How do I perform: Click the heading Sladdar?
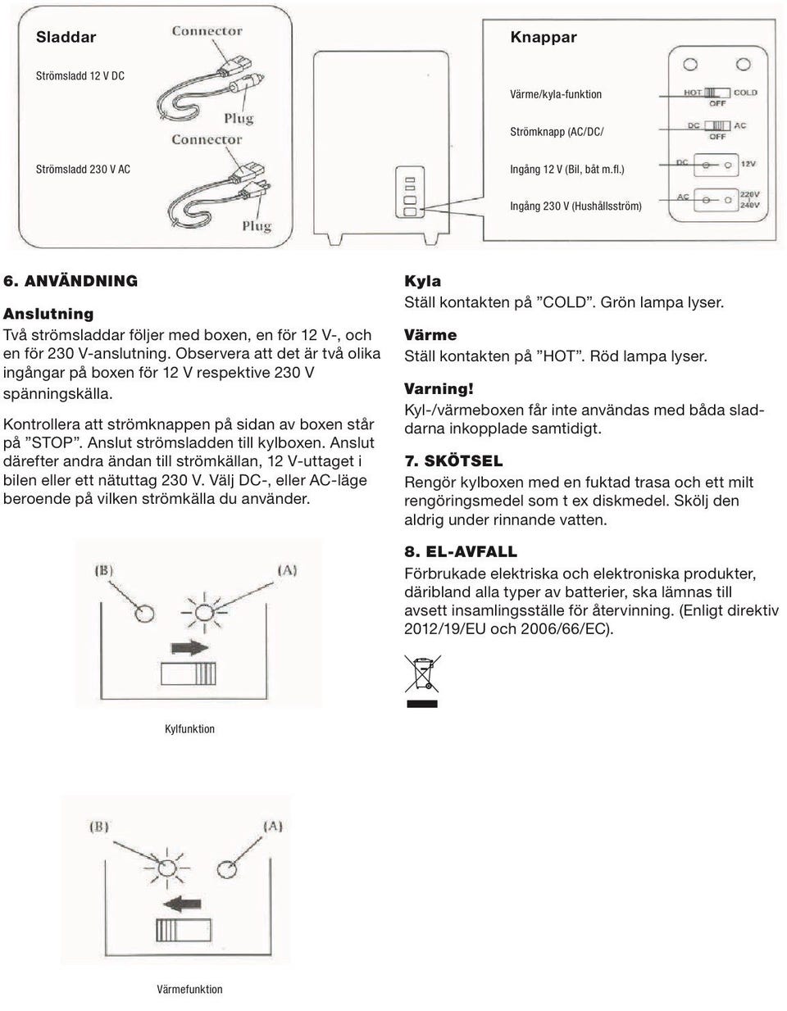(x=66, y=37)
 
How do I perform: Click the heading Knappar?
(x=543, y=37)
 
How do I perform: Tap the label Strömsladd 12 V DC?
(x=80, y=75)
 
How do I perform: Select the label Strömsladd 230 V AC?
(x=82, y=169)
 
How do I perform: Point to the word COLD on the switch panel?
(x=745, y=93)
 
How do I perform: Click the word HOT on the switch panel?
(x=693, y=93)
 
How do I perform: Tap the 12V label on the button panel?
(x=748, y=164)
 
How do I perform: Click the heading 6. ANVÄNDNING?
(x=71, y=281)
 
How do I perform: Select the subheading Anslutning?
(x=48, y=314)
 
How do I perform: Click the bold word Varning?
(x=439, y=389)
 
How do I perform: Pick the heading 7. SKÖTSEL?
(x=453, y=461)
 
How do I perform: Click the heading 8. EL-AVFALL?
(x=460, y=552)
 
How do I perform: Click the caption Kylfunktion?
(x=189, y=729)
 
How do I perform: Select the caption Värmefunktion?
(x=189, y=989)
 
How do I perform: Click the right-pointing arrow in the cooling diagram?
(x=190, y=647)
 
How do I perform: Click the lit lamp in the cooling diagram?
(x=203, y=610)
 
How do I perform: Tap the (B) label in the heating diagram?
(x=98, y=826)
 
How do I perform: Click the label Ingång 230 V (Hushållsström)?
(x=575, y=206)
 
